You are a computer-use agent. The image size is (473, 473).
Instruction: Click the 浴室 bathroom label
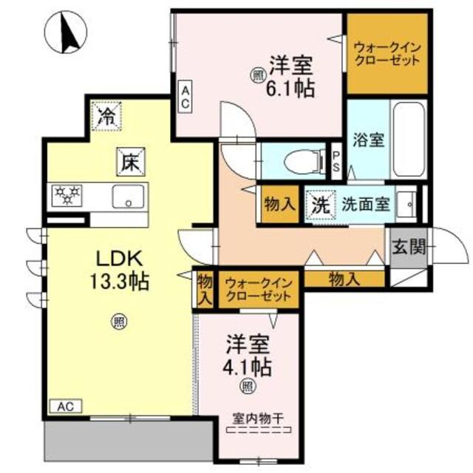click(368, 140)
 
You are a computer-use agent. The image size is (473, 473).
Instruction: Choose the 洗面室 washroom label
click(364, 205)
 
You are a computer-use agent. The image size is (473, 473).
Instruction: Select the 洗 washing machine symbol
click(319, 205)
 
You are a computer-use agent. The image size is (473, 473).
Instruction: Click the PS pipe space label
click(336, 161)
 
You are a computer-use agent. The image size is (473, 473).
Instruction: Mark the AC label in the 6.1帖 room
click(185, 97)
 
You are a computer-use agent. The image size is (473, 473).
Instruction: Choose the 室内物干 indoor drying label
click(258, 418)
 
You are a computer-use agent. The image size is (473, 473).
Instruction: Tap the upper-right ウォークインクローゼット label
click(387, 52)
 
